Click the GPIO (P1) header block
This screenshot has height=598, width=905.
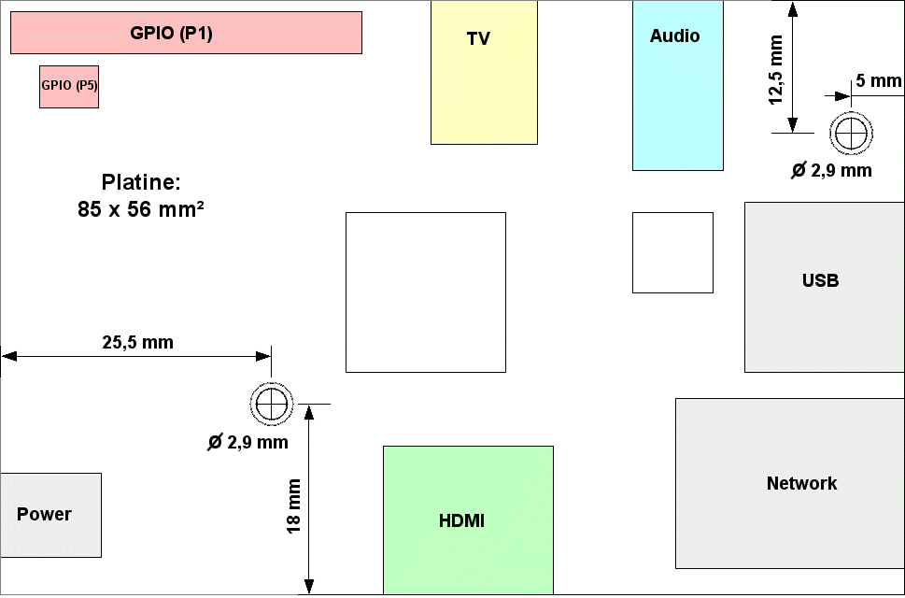(187, 33)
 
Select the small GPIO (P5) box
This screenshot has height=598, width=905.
(69, 87)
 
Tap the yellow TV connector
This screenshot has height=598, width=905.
(484, 72)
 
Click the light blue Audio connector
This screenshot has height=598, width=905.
(678, 85)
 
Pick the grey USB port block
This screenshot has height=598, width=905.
(824, 287)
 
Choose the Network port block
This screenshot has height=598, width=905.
(790, 483)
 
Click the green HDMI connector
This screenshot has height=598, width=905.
(468, 520)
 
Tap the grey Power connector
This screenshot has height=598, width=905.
(50, 515)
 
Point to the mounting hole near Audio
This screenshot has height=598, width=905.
(851, 133)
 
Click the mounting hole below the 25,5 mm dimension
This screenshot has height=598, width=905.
(271, 404)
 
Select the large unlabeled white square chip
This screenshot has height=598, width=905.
(426, 292)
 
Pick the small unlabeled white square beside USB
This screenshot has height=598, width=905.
(673, 253)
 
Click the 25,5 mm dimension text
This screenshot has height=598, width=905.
(138, 342)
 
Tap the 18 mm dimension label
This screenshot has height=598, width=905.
(294, 506)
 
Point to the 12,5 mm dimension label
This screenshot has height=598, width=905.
(776, 70)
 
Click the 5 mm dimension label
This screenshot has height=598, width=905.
(879, 80)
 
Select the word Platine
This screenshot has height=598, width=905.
(141, 182)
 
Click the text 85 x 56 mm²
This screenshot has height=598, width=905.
(141, 209)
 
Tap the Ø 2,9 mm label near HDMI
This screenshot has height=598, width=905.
(248, 443)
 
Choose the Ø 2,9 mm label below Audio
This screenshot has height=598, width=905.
(831, 170)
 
